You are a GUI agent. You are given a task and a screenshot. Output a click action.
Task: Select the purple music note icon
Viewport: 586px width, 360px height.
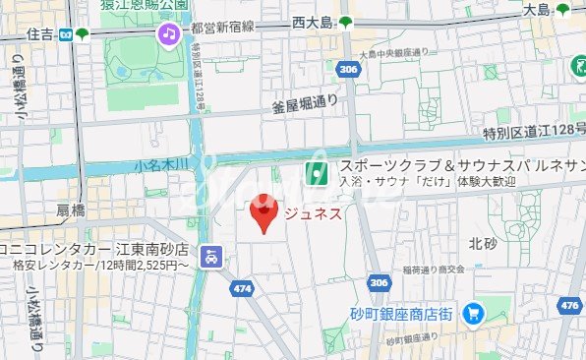tap(169, 35)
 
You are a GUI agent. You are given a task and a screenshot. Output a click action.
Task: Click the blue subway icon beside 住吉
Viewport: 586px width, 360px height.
tap(65, 34)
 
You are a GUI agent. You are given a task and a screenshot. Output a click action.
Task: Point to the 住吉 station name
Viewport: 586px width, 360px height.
tap(40, 34)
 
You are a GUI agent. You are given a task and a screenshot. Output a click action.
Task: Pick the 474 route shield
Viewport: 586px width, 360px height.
tap(242, 288)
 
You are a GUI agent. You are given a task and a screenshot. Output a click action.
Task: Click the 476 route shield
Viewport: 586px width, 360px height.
tap(568, 306)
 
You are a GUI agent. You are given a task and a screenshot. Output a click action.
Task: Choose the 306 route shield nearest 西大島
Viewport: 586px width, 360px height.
tap(345, 70)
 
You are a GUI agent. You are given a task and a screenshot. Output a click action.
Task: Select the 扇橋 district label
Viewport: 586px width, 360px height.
tap(71, 210)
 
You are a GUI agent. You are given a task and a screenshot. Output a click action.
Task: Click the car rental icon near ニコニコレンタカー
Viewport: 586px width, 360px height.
tap(210, 258)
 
